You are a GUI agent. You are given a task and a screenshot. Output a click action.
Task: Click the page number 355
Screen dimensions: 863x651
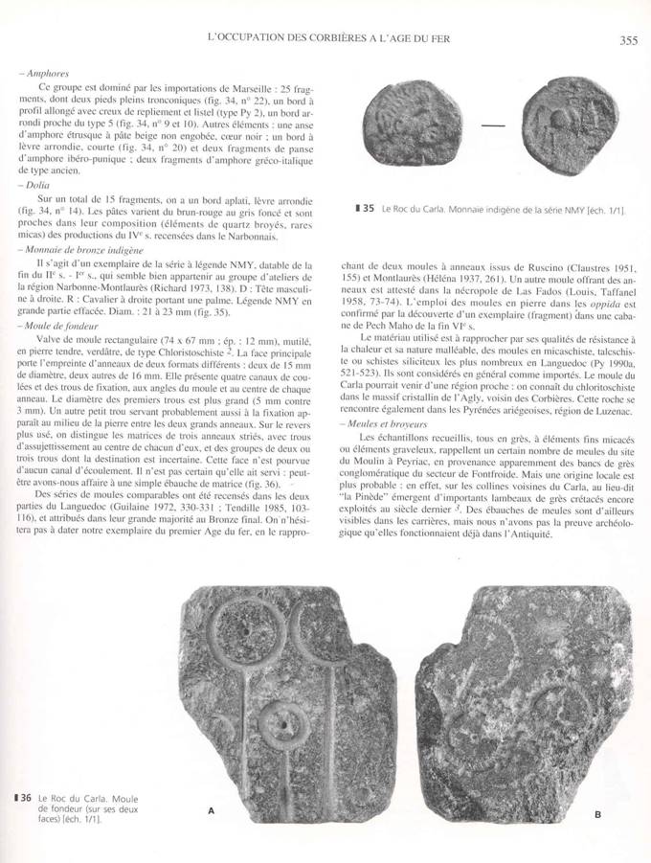click(x=628, y=39)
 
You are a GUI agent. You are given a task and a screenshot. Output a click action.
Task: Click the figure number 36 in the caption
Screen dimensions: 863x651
click(x=26, y=798)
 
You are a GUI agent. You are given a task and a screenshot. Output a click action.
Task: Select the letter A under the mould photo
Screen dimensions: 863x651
click(x=210, y=810)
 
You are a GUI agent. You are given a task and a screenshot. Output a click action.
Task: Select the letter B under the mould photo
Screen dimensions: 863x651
click(x=596, y=815)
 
